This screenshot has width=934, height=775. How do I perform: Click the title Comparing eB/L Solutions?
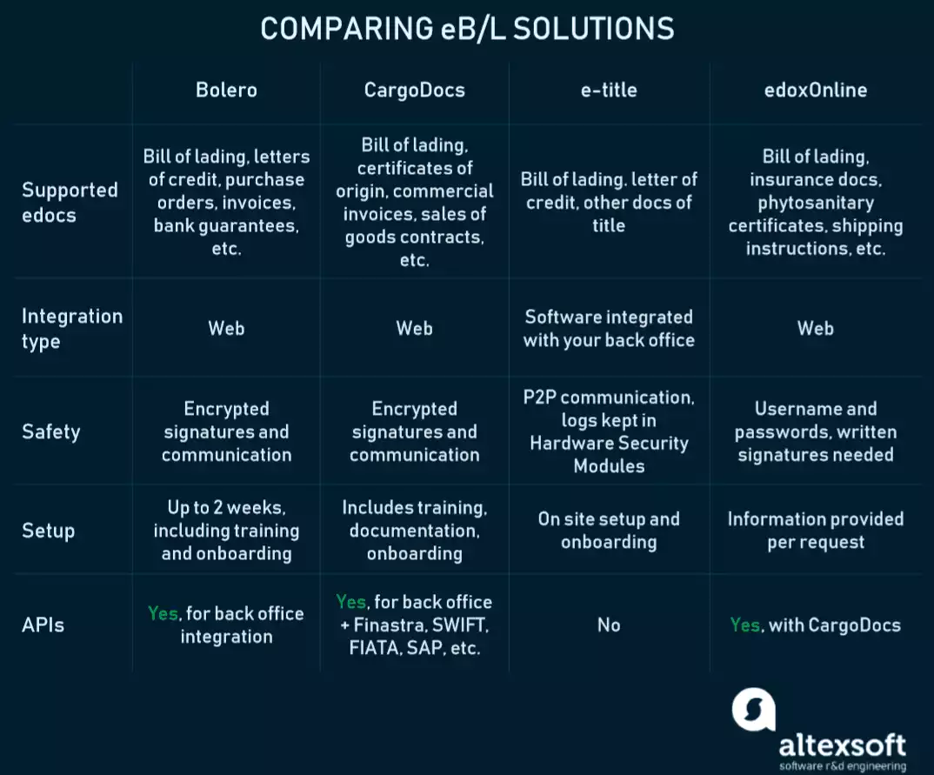(467, 29)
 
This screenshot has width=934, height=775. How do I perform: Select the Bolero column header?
(226, 90)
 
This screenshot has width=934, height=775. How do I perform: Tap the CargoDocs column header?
(414, 90)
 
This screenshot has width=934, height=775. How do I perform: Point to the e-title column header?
(609, 90)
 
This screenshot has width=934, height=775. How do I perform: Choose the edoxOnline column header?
(815, 90)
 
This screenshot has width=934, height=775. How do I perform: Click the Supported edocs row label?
(70, 202)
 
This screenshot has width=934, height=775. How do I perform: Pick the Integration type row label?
(71, 328)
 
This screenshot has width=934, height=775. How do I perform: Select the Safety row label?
(50, 431)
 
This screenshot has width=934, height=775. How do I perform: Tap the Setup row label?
(48, 531)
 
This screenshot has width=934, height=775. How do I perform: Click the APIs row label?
(43, 625)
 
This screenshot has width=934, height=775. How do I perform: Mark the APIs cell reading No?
(609, 625)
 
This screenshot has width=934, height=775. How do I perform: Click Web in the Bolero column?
(226, 328)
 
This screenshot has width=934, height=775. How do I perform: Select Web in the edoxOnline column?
(815, 328)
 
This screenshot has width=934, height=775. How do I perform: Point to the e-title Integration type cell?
(609, 328)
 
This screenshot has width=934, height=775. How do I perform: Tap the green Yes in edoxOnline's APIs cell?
(744, 625)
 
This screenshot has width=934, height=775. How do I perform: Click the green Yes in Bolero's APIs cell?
(163, 613)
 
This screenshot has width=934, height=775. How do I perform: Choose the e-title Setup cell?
(609, 531)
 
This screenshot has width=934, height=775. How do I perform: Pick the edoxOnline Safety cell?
(815, 431)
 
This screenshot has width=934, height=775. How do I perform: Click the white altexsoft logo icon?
(753, 709)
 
